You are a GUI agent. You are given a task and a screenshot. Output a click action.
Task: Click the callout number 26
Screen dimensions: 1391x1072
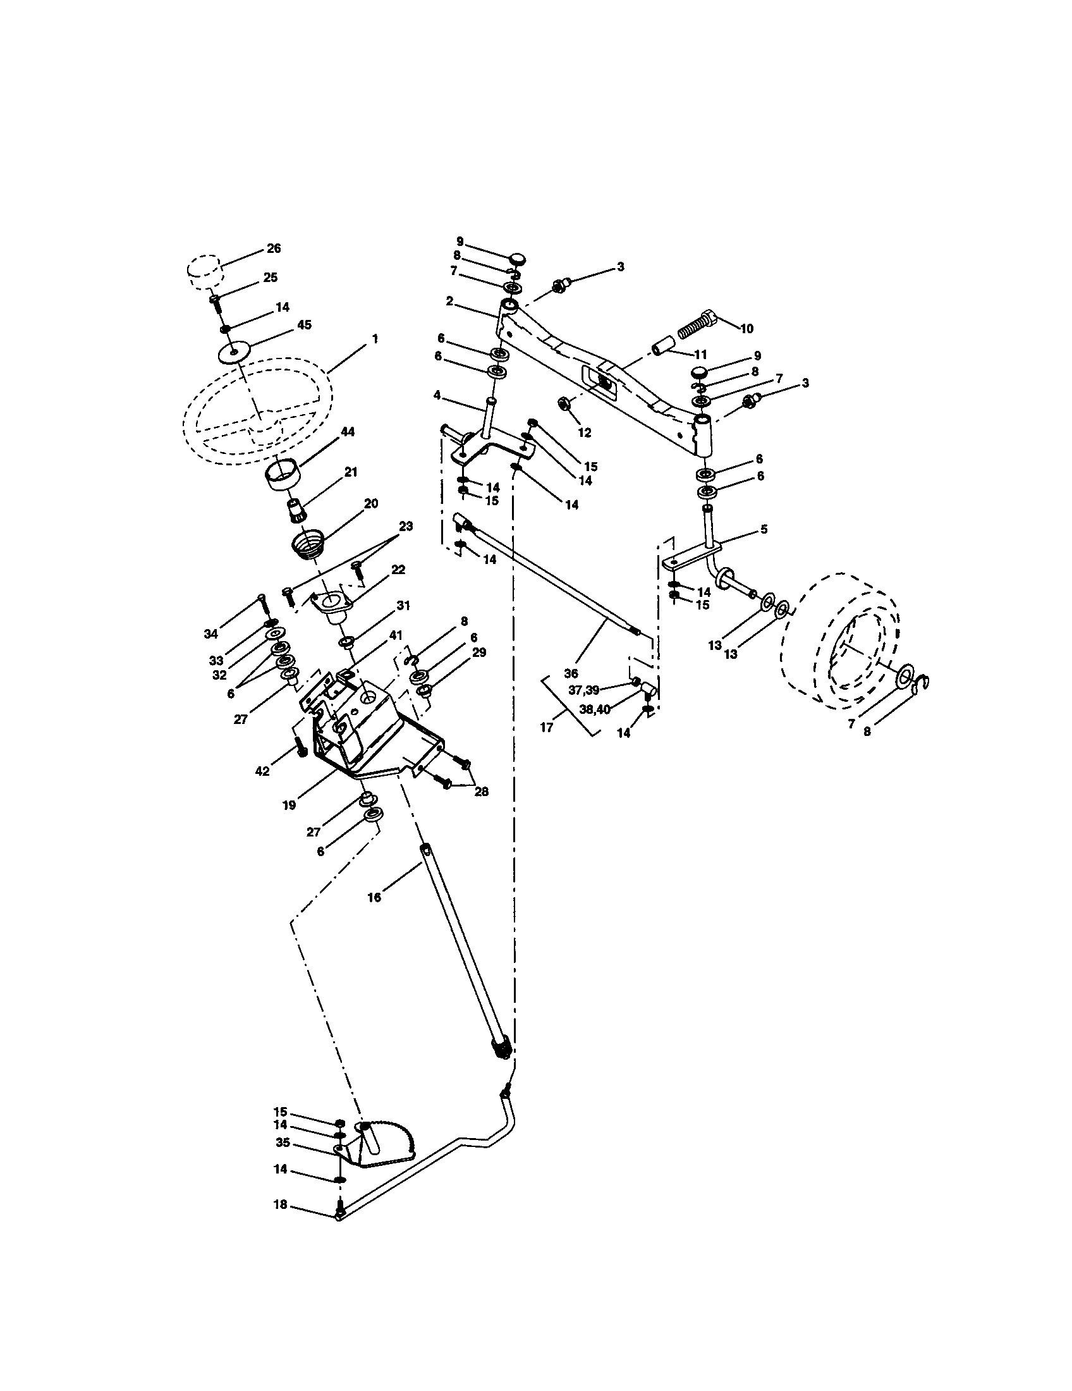click(274, 248)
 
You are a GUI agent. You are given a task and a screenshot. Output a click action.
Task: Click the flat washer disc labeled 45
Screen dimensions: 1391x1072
click(234, 352)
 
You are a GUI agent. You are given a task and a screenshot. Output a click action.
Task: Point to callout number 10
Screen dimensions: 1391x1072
click(746, 329)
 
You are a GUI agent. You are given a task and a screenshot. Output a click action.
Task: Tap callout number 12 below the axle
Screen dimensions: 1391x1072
click(585, 433)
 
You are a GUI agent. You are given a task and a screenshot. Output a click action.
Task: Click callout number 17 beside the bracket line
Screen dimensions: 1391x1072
click(547, 726)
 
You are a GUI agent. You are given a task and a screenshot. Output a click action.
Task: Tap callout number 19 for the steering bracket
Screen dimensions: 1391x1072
click(289, 805)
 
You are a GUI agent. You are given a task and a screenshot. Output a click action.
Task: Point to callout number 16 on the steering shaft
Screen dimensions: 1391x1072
click(374, 897)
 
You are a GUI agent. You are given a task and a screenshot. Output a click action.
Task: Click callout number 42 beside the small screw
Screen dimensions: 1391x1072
click(262, 771)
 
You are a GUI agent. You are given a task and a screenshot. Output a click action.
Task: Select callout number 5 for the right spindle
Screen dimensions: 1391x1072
click(764, 529)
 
